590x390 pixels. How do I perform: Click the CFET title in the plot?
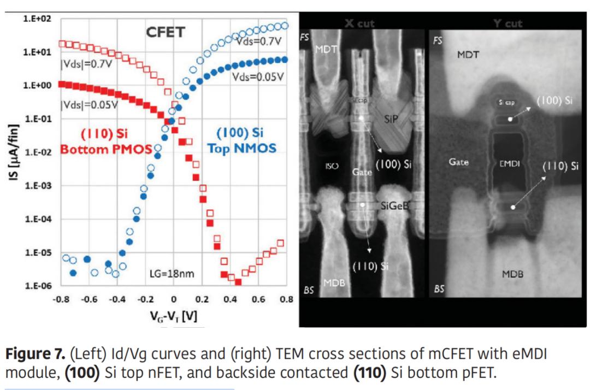[x=165, y=32]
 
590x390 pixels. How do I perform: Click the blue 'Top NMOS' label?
[x=241, y=148]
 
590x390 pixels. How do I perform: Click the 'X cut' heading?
[x=360, y=23]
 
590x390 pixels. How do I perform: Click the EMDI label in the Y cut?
[x=511, y=162]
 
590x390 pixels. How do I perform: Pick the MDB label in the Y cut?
[x=512, y=274]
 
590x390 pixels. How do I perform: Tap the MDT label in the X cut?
[x=327, y=49]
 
